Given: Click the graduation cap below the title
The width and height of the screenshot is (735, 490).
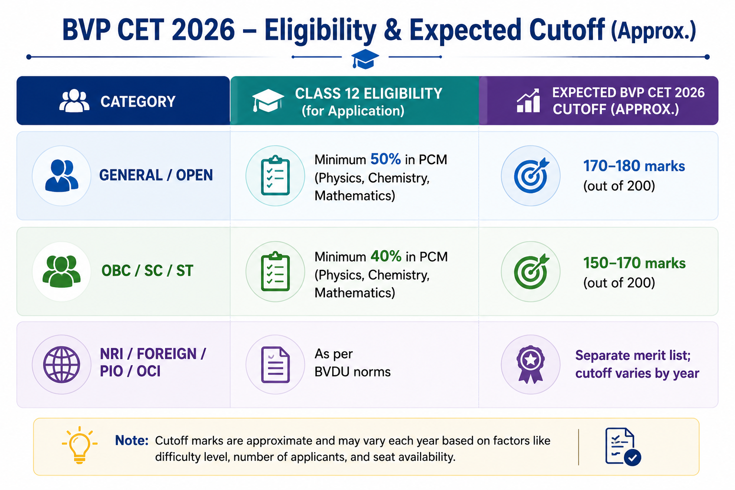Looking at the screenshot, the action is click(x=365, y=59).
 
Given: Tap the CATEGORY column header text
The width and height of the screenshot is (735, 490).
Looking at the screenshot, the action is click(x=138, y=101).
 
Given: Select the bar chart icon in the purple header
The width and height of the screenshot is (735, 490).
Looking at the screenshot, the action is click(x=528, y=101).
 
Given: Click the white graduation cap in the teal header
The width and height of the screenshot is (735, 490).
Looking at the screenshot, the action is click(x=268, y=100).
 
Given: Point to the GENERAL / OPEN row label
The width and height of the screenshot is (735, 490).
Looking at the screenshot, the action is click(x=156, y=175).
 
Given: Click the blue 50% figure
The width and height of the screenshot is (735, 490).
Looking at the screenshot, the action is click(x=386, y=159).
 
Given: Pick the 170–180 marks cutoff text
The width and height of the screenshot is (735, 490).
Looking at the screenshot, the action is click(x=634, y=166).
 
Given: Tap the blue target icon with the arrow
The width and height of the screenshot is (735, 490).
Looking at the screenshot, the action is click(x=531, y=175).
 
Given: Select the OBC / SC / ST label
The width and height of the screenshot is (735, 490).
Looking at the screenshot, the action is click(x=147, y=271).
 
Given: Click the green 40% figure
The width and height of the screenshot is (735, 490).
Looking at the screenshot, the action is click(x=386, y=256).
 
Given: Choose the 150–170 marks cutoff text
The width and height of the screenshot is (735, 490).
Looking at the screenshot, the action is click(x=634, y=263).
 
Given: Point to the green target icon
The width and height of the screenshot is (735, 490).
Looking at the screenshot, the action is click(x=531, y=271).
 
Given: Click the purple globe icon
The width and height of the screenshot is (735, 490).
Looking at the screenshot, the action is click(x=62, y=365).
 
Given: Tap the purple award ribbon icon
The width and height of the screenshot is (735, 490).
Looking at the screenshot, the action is click(x=531, y=364).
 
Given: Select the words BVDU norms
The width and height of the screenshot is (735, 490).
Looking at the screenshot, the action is click(x=352, y=372).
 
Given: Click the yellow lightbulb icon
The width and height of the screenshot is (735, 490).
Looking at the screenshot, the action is click(x=79, y=445).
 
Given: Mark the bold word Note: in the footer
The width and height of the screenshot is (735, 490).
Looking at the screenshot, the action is click(x=132, y=440).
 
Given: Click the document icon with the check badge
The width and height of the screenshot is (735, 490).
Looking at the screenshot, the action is click(x=623, y=446).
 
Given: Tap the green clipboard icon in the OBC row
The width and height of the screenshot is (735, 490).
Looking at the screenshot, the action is click(x=275, y=271).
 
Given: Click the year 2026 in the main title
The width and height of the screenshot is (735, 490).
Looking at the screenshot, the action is click(x=203, y=30).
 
